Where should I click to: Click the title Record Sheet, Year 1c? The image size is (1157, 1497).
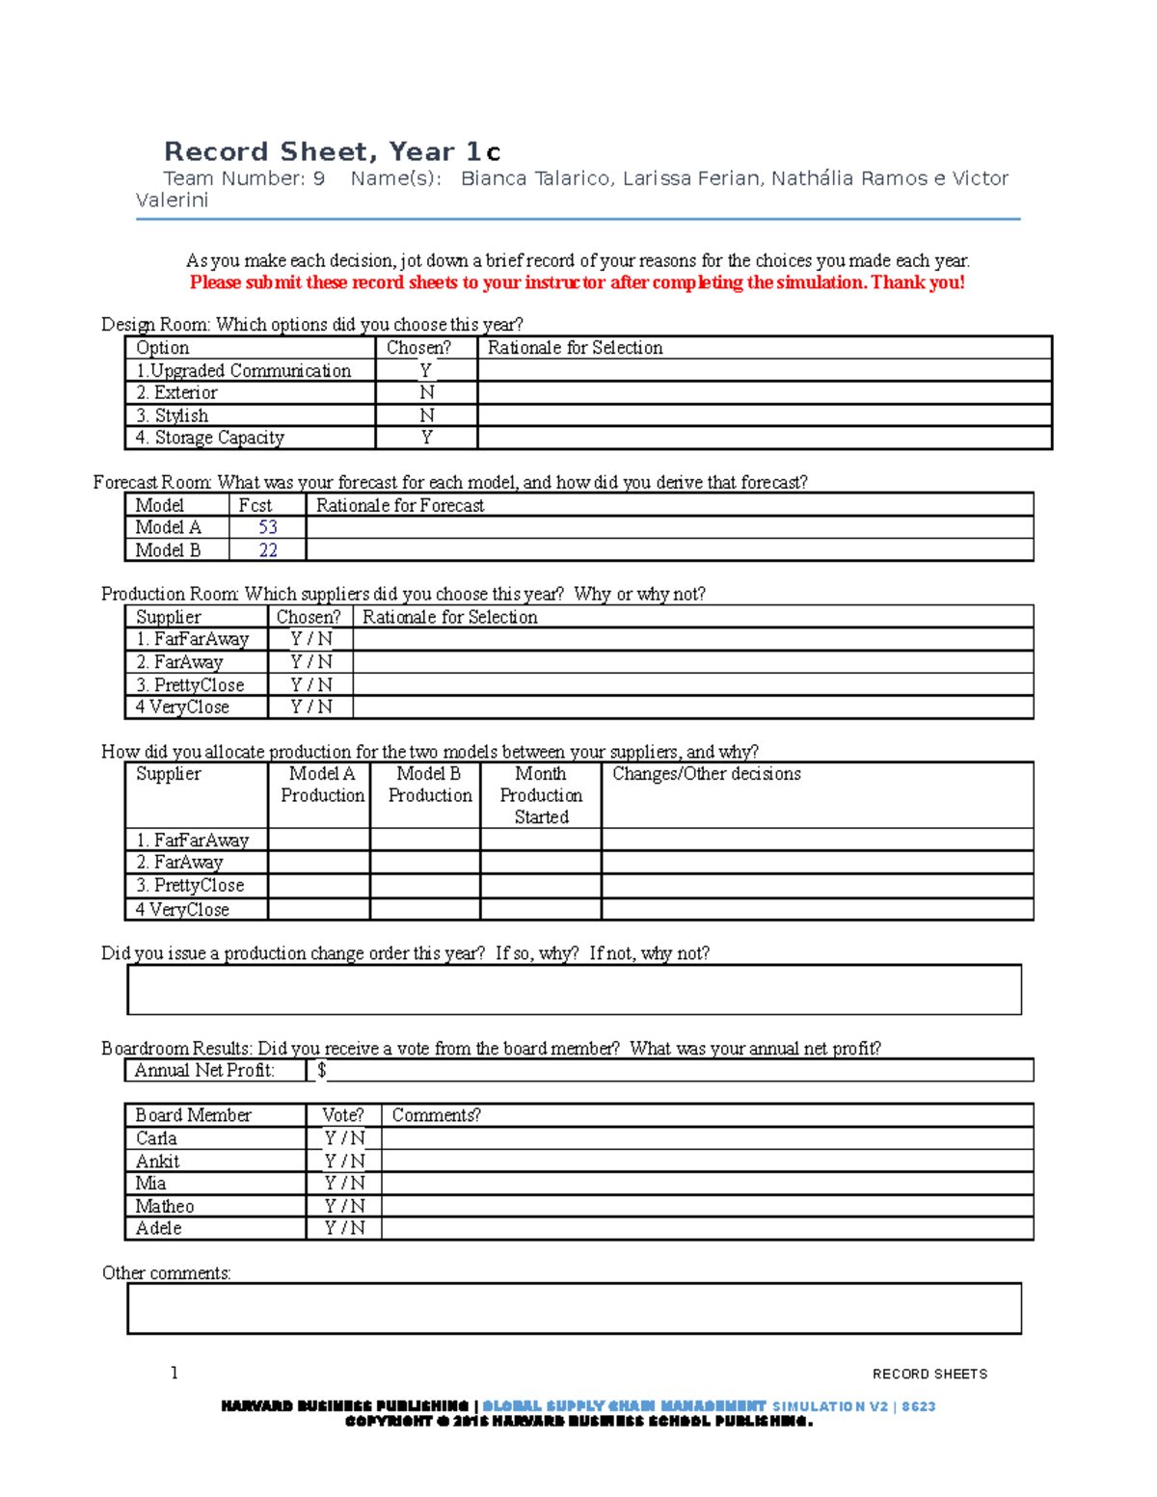pyautogui.click(x=332, y=151)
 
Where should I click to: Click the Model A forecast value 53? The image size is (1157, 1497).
pyautogui.click(x=267, y=527)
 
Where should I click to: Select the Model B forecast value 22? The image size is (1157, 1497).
pyautogui.click(x=267, y=550)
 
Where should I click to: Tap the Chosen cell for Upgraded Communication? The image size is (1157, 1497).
pyautogui.click(x=425, y=370)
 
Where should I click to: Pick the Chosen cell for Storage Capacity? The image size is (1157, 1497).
pyautogui.click(x=425, y=438)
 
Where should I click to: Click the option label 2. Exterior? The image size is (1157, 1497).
pyautogui.click(x=176, y=392)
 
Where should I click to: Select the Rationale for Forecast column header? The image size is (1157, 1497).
pyautogui.click(x=400, y=505)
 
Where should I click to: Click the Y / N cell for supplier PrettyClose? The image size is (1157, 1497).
pyautogui.click(x=310, y=684)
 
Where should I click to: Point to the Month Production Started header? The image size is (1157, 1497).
pyautogui.click(x=541, y=795)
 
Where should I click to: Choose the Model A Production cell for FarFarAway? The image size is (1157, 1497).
pyautogui.click(x=319, y=840)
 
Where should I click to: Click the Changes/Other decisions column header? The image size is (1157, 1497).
pyautogui.click(x=707, y=774)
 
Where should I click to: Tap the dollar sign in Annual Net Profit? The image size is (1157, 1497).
pyautogui.click(x=321, y=1070)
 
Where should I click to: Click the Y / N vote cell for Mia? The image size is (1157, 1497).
pyautogui.click(x=344, y=1183)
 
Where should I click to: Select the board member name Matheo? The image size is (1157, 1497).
pyautogui.click(x=165, y=1206)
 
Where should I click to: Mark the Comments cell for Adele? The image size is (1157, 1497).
pyautogui.click(x=707, y=1228)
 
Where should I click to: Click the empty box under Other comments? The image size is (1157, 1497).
pyautogui.click(x=574, y=1308)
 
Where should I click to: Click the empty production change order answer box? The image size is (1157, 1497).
pyautogui.click(x=574, y=990)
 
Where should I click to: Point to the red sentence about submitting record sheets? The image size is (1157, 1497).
pyautogui.click(x=577, y=282)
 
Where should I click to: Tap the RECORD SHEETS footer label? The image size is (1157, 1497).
pyautogui.click(x=929, y=1374)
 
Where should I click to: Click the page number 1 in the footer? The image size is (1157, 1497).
pyautogui.click(x=174, y=1373)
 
